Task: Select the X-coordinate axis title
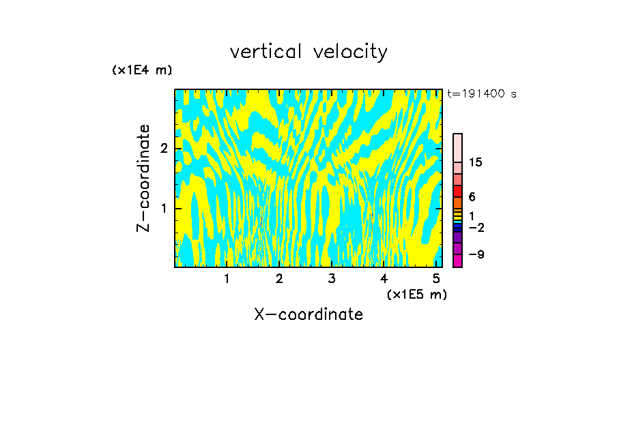(308, 314)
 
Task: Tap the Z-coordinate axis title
(143, 178)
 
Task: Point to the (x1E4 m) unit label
(142, 70)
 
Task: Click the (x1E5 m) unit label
(416, 294)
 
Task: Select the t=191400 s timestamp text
(481, 93)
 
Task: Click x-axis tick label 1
(227, 278)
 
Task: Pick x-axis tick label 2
(279, 278)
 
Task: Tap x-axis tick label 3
(332, 278)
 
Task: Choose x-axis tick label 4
(384, 278)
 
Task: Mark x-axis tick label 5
(436, 278)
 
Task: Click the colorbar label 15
(476, 162)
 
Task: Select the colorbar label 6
(472, 196)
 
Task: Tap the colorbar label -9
(476, 254)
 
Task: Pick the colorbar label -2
(476, 228)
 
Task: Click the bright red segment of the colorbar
(458, 191)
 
